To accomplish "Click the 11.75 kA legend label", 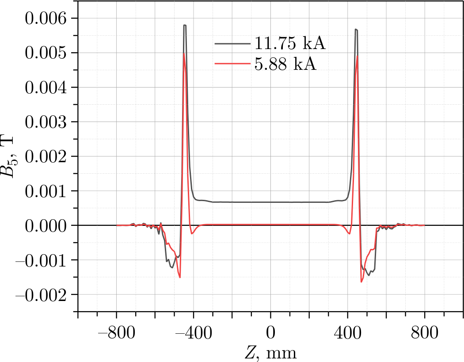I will tap(290, 44).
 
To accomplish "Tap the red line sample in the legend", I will tap(232, 64).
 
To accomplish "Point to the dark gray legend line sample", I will tap(232, 44).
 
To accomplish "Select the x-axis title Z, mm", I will tap(270, 353).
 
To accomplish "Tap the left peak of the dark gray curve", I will tap(185, 25).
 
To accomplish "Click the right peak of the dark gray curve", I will tap(356, 29).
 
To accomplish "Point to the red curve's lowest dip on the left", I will tap(180, 278).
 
